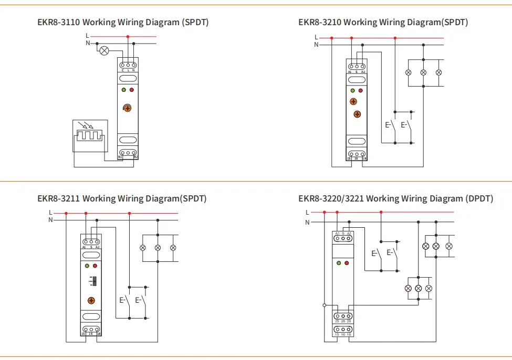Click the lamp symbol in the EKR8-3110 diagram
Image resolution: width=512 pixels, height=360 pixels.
(104, 51)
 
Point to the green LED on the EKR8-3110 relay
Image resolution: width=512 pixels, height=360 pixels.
(123, 90)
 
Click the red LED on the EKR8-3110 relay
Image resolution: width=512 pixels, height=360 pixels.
(132, 90)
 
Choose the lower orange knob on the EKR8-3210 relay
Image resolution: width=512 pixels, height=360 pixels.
(357, 113)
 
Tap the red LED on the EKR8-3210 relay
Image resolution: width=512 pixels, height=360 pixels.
(360, 90)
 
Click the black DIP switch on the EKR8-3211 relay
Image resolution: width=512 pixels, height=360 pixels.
(94, 281)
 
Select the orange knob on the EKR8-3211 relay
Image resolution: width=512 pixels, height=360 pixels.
(91, 300)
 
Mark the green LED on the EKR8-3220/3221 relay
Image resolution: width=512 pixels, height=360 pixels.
(339, 262)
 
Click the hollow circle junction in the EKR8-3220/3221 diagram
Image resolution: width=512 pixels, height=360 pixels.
(325, 305)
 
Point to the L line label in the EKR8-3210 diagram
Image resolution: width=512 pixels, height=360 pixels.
(316, 37)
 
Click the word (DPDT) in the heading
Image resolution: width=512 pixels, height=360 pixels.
(479, 198)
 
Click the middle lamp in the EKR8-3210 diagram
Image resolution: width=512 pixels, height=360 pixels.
(423, 72)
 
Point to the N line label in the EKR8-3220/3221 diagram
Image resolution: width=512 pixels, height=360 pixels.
(308, 223)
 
